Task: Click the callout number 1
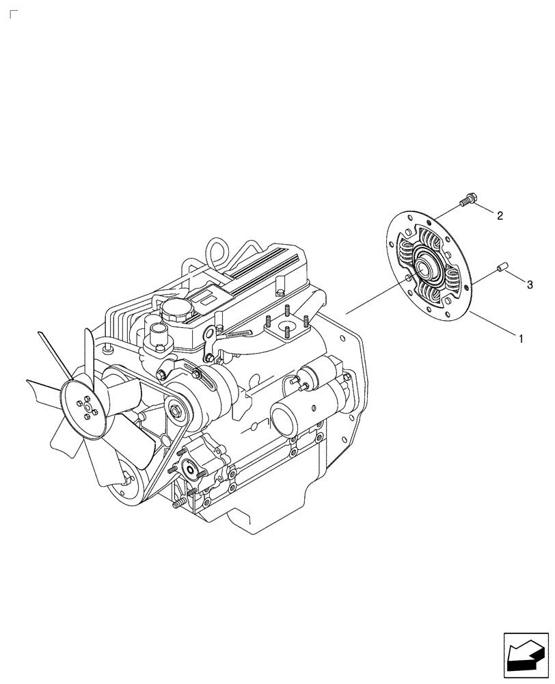pyautogui.click(x=521, y=339)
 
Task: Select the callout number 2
pyautogui.click(x=500, y=216)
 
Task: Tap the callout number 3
pyautogui.click(x=529, y=282)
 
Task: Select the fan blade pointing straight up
pyautogui.click(x=90, y=352)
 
